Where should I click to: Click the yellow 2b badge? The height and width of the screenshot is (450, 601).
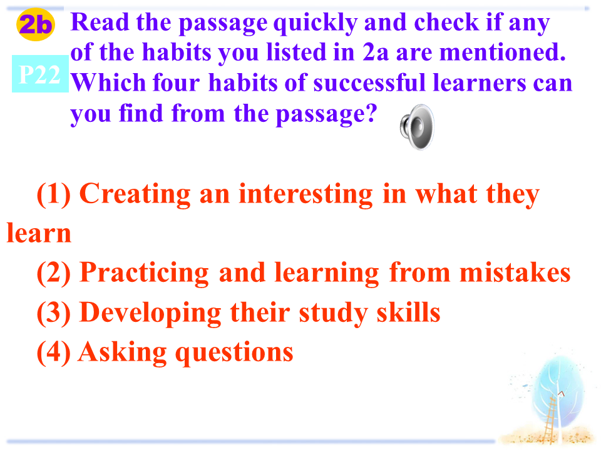click(x=35, y=24)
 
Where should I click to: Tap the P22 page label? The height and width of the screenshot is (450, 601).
click(x=40, y=74)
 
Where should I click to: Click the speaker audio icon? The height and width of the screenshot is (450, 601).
click(x=417, y=127)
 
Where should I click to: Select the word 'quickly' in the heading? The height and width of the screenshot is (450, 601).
click(x=316, y=23)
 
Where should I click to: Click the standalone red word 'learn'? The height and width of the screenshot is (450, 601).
click(x=39, y=232)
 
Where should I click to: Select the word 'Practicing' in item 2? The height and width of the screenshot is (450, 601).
click(x=145, y=274)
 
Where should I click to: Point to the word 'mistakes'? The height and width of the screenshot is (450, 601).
click(x=515, y=272)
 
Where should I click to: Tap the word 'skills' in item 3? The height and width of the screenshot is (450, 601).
click(x=408, y=312)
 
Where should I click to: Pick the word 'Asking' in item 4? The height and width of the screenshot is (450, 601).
click(x=122, y=352)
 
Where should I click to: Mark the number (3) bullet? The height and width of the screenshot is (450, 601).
click(x=54, y=313)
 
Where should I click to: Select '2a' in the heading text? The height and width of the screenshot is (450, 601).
click(x=376, y=52)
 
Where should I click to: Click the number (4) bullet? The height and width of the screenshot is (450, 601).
click(x=54, y=352)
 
